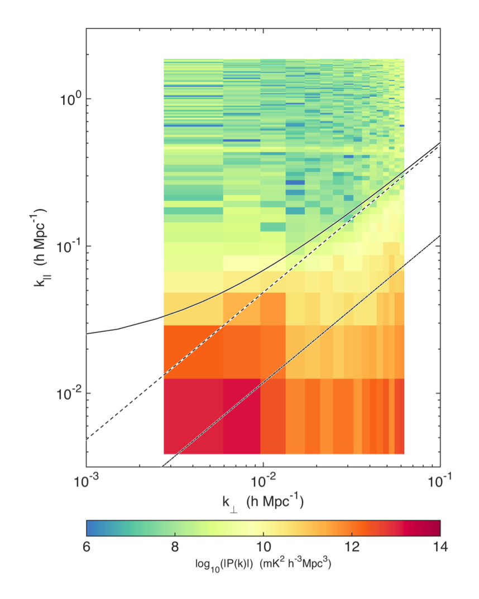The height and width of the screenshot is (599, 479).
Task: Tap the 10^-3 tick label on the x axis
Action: [x=87, y=480]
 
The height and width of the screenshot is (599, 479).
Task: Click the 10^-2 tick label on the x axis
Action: [x=263, y=480]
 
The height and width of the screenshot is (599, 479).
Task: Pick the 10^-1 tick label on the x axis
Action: [x=440, y=480]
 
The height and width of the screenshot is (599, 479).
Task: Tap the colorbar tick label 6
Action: [x=87, y=546]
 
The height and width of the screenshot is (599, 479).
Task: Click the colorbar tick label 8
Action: [x=175, y=546]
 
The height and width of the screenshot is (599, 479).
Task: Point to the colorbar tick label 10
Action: [x=263, y=546]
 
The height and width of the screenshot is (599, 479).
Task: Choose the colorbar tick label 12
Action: [x=352, y=546]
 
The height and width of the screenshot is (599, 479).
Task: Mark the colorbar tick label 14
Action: [x=439, y=546]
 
